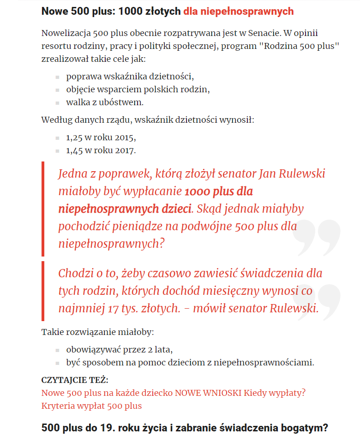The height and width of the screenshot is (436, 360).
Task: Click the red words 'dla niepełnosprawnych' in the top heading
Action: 238,11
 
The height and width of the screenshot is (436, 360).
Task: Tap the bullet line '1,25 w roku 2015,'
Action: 101,137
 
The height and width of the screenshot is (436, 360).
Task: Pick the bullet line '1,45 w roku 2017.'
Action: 101,150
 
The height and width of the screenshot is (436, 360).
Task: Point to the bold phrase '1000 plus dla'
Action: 218,191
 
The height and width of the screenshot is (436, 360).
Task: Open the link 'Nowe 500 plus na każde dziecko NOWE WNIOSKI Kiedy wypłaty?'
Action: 174,393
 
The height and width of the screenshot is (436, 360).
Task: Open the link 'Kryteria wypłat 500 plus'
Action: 91,406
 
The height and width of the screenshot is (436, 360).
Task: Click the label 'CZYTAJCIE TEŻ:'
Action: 75,380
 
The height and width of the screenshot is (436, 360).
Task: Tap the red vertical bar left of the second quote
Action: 43,291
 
